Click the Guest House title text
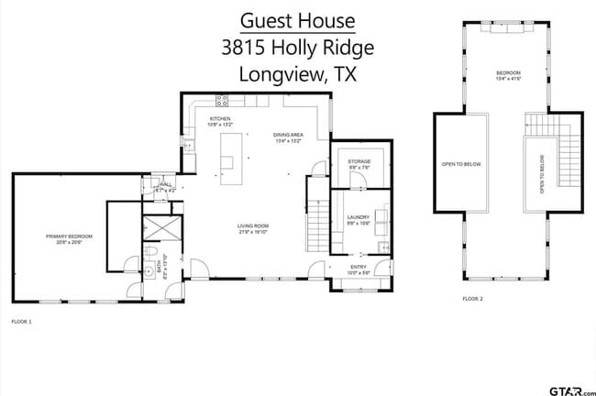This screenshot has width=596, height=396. (x=297, y=21)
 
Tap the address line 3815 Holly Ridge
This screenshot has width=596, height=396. (x=297, y=48)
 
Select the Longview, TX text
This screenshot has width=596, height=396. (x=297, y=75)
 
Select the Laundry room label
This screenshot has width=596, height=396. (x=358, y=220)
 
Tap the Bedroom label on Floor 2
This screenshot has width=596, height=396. (x=508, y=74)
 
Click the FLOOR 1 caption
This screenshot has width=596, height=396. (x=21, y=322)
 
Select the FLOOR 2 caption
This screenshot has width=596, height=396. (x=472, y=299)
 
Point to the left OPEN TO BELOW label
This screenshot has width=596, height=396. (x=461, y=164)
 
